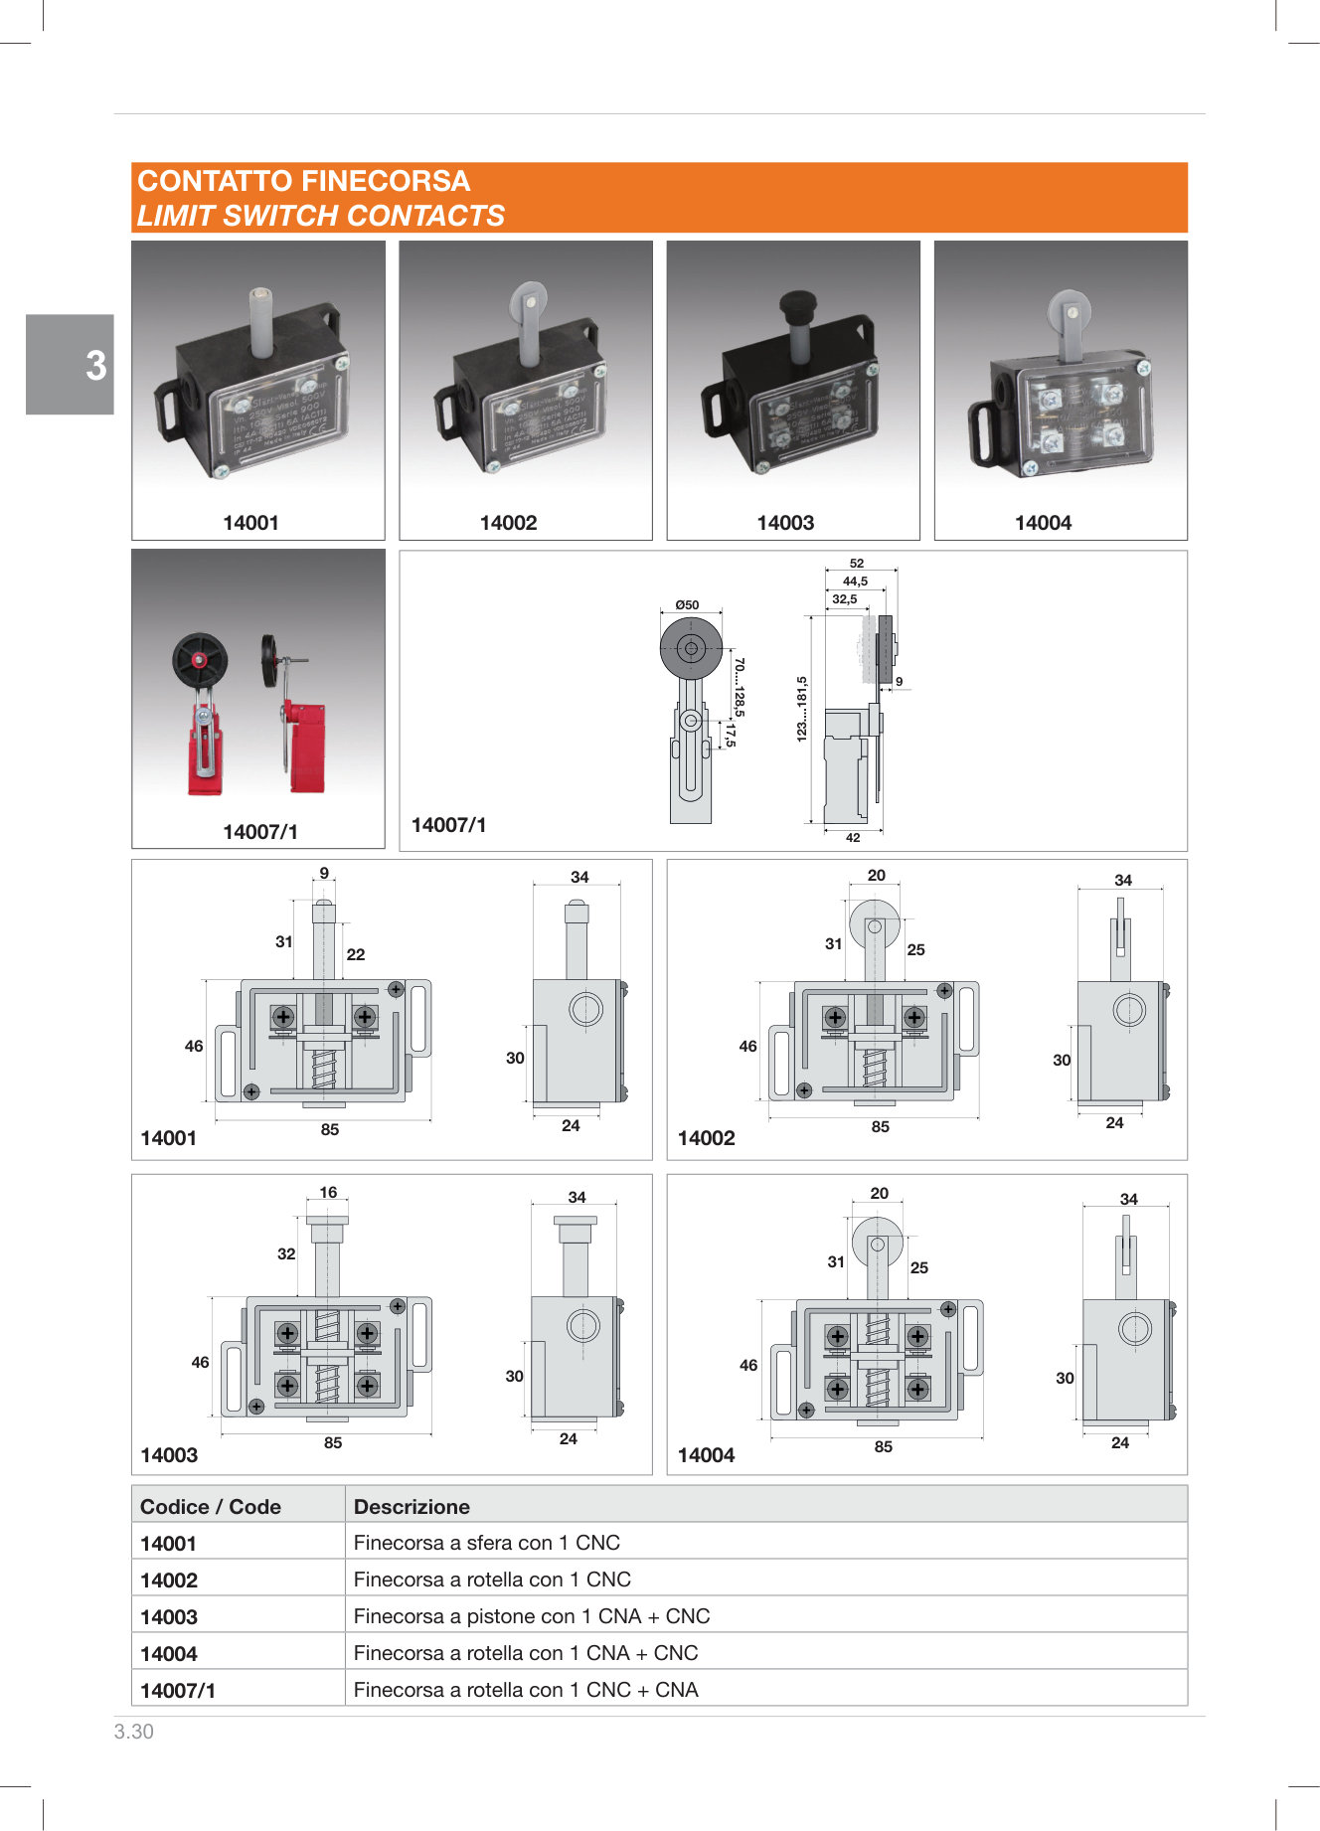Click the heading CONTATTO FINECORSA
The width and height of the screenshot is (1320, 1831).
[x=303, y=181]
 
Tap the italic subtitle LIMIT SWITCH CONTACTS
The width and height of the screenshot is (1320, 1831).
[x=320, y=216]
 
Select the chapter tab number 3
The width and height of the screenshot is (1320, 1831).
[x=95, y=366]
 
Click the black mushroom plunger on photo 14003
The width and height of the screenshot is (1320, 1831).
[x=797, y=304]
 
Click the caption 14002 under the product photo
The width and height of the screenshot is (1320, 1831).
[x=508, y=523]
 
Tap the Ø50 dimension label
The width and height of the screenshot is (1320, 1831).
[x=687, y=604]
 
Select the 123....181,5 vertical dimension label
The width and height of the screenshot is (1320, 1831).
[x=802, y=709]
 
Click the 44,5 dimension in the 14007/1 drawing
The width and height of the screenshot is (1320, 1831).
[x=855, y=582]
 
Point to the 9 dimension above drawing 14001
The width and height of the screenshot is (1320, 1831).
[x=324, y=874]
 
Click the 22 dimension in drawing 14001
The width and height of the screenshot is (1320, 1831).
[x=356, y=954]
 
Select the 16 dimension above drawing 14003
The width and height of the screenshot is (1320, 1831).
[x=328, y=1192]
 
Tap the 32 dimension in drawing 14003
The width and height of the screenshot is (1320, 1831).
[x=286, y=1254]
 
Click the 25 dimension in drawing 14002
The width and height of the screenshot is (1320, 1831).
[x=915, y=950]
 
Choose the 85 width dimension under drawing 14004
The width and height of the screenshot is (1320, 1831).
[x=884, y=1447]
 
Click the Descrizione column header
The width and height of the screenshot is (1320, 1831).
[x=412, y=1506]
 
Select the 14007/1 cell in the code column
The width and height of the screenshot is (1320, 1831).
[x=178, y=1690]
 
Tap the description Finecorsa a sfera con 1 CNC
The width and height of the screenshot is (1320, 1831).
[x=486, y=1543]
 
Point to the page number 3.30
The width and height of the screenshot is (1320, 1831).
[x=134, y=1732]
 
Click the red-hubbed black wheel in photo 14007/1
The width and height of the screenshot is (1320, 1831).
[x=200, y=661]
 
